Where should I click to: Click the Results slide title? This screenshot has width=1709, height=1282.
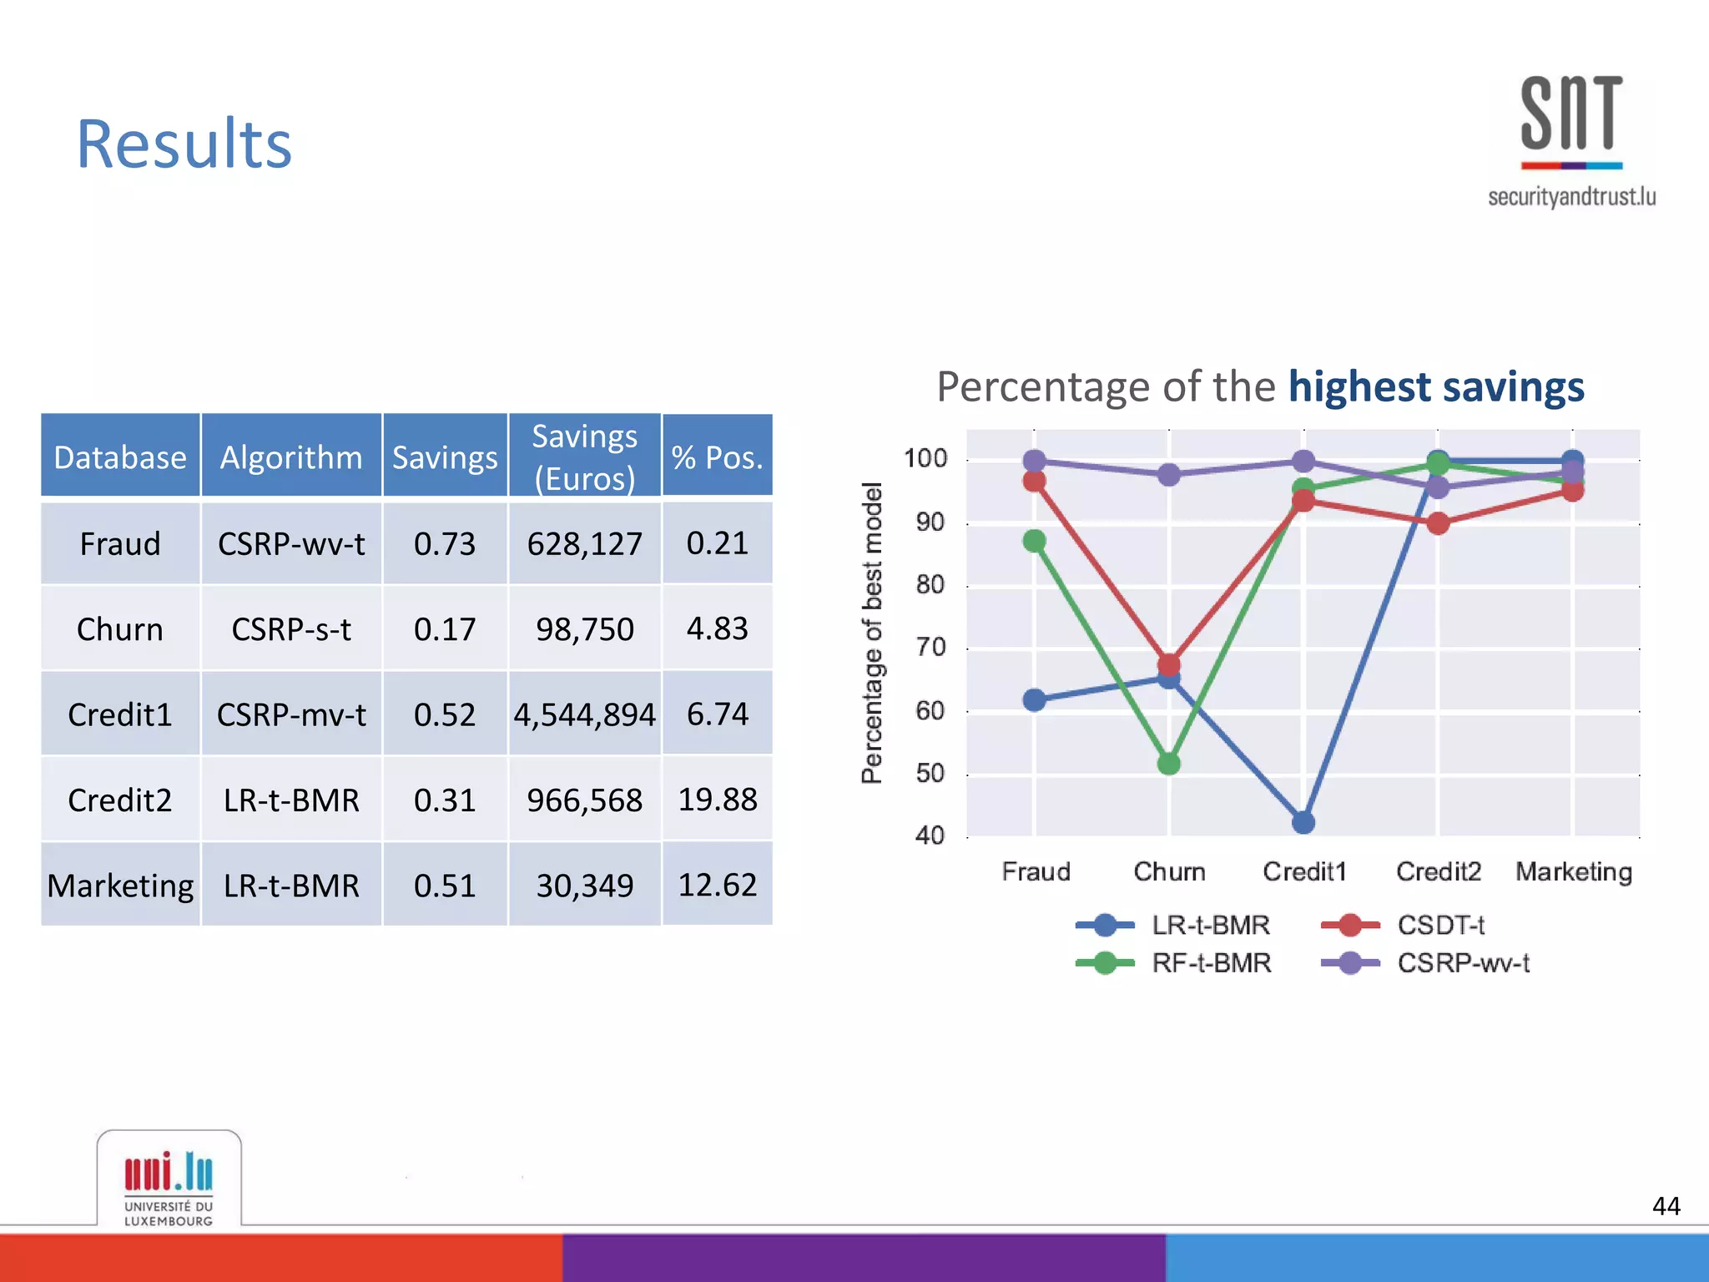pyautogui.click(x=184, y=144)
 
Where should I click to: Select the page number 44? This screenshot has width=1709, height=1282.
pyautogui.click(x=1666, y=1206)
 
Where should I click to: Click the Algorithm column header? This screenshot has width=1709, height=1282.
pyautogui.click(x=291, y=457)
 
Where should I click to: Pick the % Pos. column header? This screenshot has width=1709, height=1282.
pyautogui.click(x=717, y=457)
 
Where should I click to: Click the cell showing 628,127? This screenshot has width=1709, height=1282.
pyautogui.click(x=584, y=544)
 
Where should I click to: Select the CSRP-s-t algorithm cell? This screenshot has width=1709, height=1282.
pyautogui.click(x=291, y=629)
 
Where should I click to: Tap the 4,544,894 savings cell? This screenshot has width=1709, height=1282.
pyautogui.click(x=584, y=715)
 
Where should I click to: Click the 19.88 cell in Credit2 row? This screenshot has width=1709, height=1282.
pyautogui.click(x=717, y=800)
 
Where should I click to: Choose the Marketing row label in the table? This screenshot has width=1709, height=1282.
pyautogui.click(x=120, y=886)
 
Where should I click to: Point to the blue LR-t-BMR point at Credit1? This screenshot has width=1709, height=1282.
pyautogui.click(x=1303, y=822)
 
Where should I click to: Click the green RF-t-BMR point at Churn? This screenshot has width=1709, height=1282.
pyautogui.click(x=1168, y=763)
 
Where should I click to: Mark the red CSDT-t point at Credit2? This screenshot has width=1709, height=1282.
pyautogui.click(x=1438, y=523)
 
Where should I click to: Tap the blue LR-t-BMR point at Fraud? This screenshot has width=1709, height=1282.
pyautogui.click(x=1034, y=699)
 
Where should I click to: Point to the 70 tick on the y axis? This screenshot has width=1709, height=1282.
pyautogui.click(x=930, y=648)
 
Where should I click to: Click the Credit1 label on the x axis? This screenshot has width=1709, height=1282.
pyautogui.click(x=1304, y=871)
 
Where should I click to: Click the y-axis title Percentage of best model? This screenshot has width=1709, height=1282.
pyautogui.click(x=871, y=633)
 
